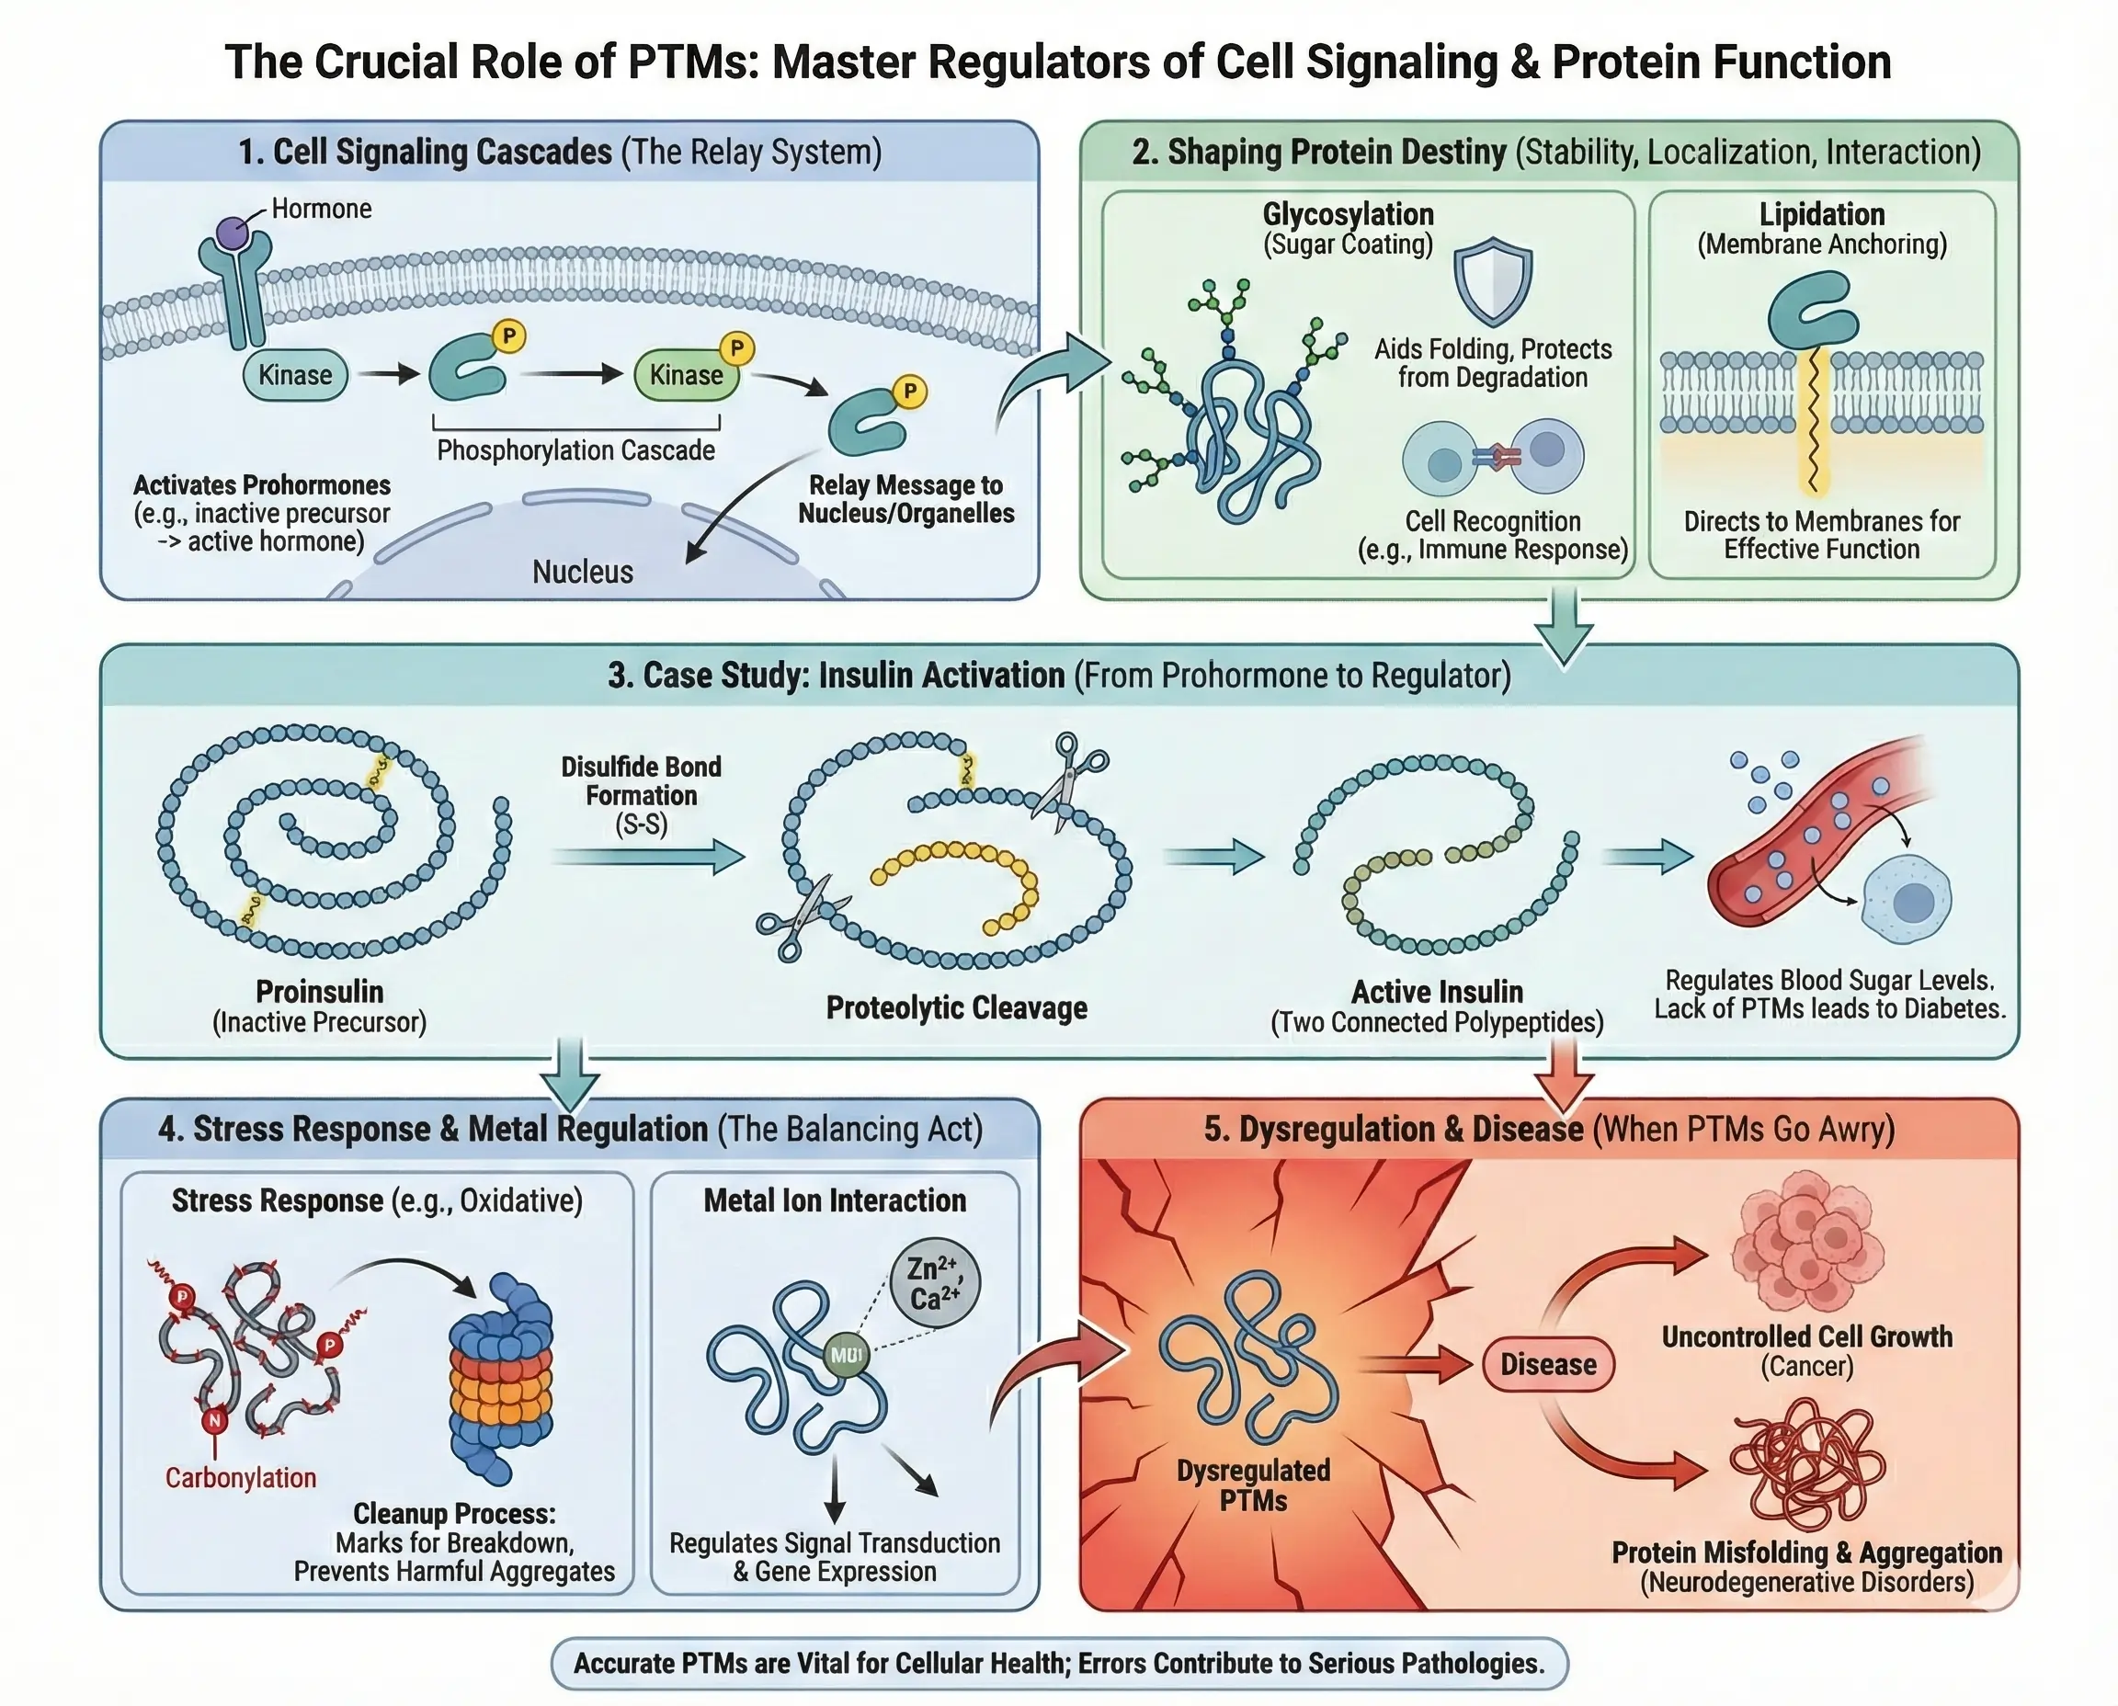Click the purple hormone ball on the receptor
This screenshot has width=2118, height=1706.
pos(233,233)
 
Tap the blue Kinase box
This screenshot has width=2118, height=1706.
pos(295,375)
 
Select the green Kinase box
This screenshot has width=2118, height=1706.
pos(686,375)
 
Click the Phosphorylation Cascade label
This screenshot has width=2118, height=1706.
pos(576,450)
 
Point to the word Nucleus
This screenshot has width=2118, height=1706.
pos(583,572)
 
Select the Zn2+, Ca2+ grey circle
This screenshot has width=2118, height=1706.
pos(935,1282)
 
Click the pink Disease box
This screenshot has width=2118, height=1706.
pos(1548,1364)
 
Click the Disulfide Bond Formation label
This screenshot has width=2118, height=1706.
pos(641,781)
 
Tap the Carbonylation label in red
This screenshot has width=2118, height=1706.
pos(241,1478)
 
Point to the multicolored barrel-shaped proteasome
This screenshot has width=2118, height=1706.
pos(502,1376)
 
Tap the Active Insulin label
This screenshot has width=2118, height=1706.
pos(1437,992)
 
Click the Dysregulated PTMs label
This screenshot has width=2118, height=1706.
pos(1253,1486)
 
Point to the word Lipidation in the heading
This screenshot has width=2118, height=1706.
pos(1821,214)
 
